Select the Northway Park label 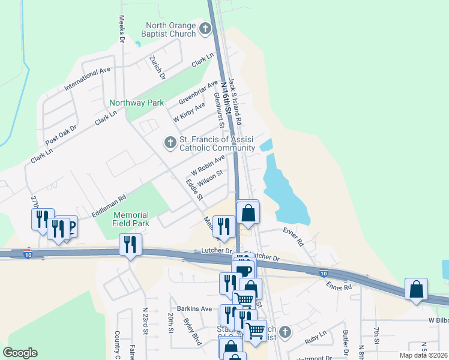point(136,103)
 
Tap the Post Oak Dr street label point(61,134)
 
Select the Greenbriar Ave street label point(198,92)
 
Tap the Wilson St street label point(210,177)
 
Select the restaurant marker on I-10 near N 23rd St point(130,244)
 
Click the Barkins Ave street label point(190,308)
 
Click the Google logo point(20,353)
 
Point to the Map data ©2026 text point(424,355)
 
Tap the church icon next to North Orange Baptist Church point(205,28)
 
